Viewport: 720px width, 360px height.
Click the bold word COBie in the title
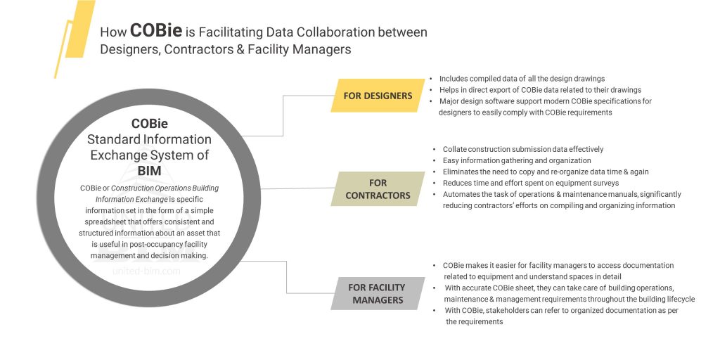156,31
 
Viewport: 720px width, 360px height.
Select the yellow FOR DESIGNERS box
378,96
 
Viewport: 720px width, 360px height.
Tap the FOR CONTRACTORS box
378,189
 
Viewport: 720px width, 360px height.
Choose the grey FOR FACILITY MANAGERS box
378,293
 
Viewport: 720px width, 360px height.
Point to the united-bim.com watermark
146,270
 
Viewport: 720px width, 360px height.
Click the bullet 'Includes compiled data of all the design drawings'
521,79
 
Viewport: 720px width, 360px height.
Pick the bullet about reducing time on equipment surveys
529,183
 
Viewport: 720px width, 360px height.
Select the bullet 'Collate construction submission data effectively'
522,149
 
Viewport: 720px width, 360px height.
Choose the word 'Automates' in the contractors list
463,194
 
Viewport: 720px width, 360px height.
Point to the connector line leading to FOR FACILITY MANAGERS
287,278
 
